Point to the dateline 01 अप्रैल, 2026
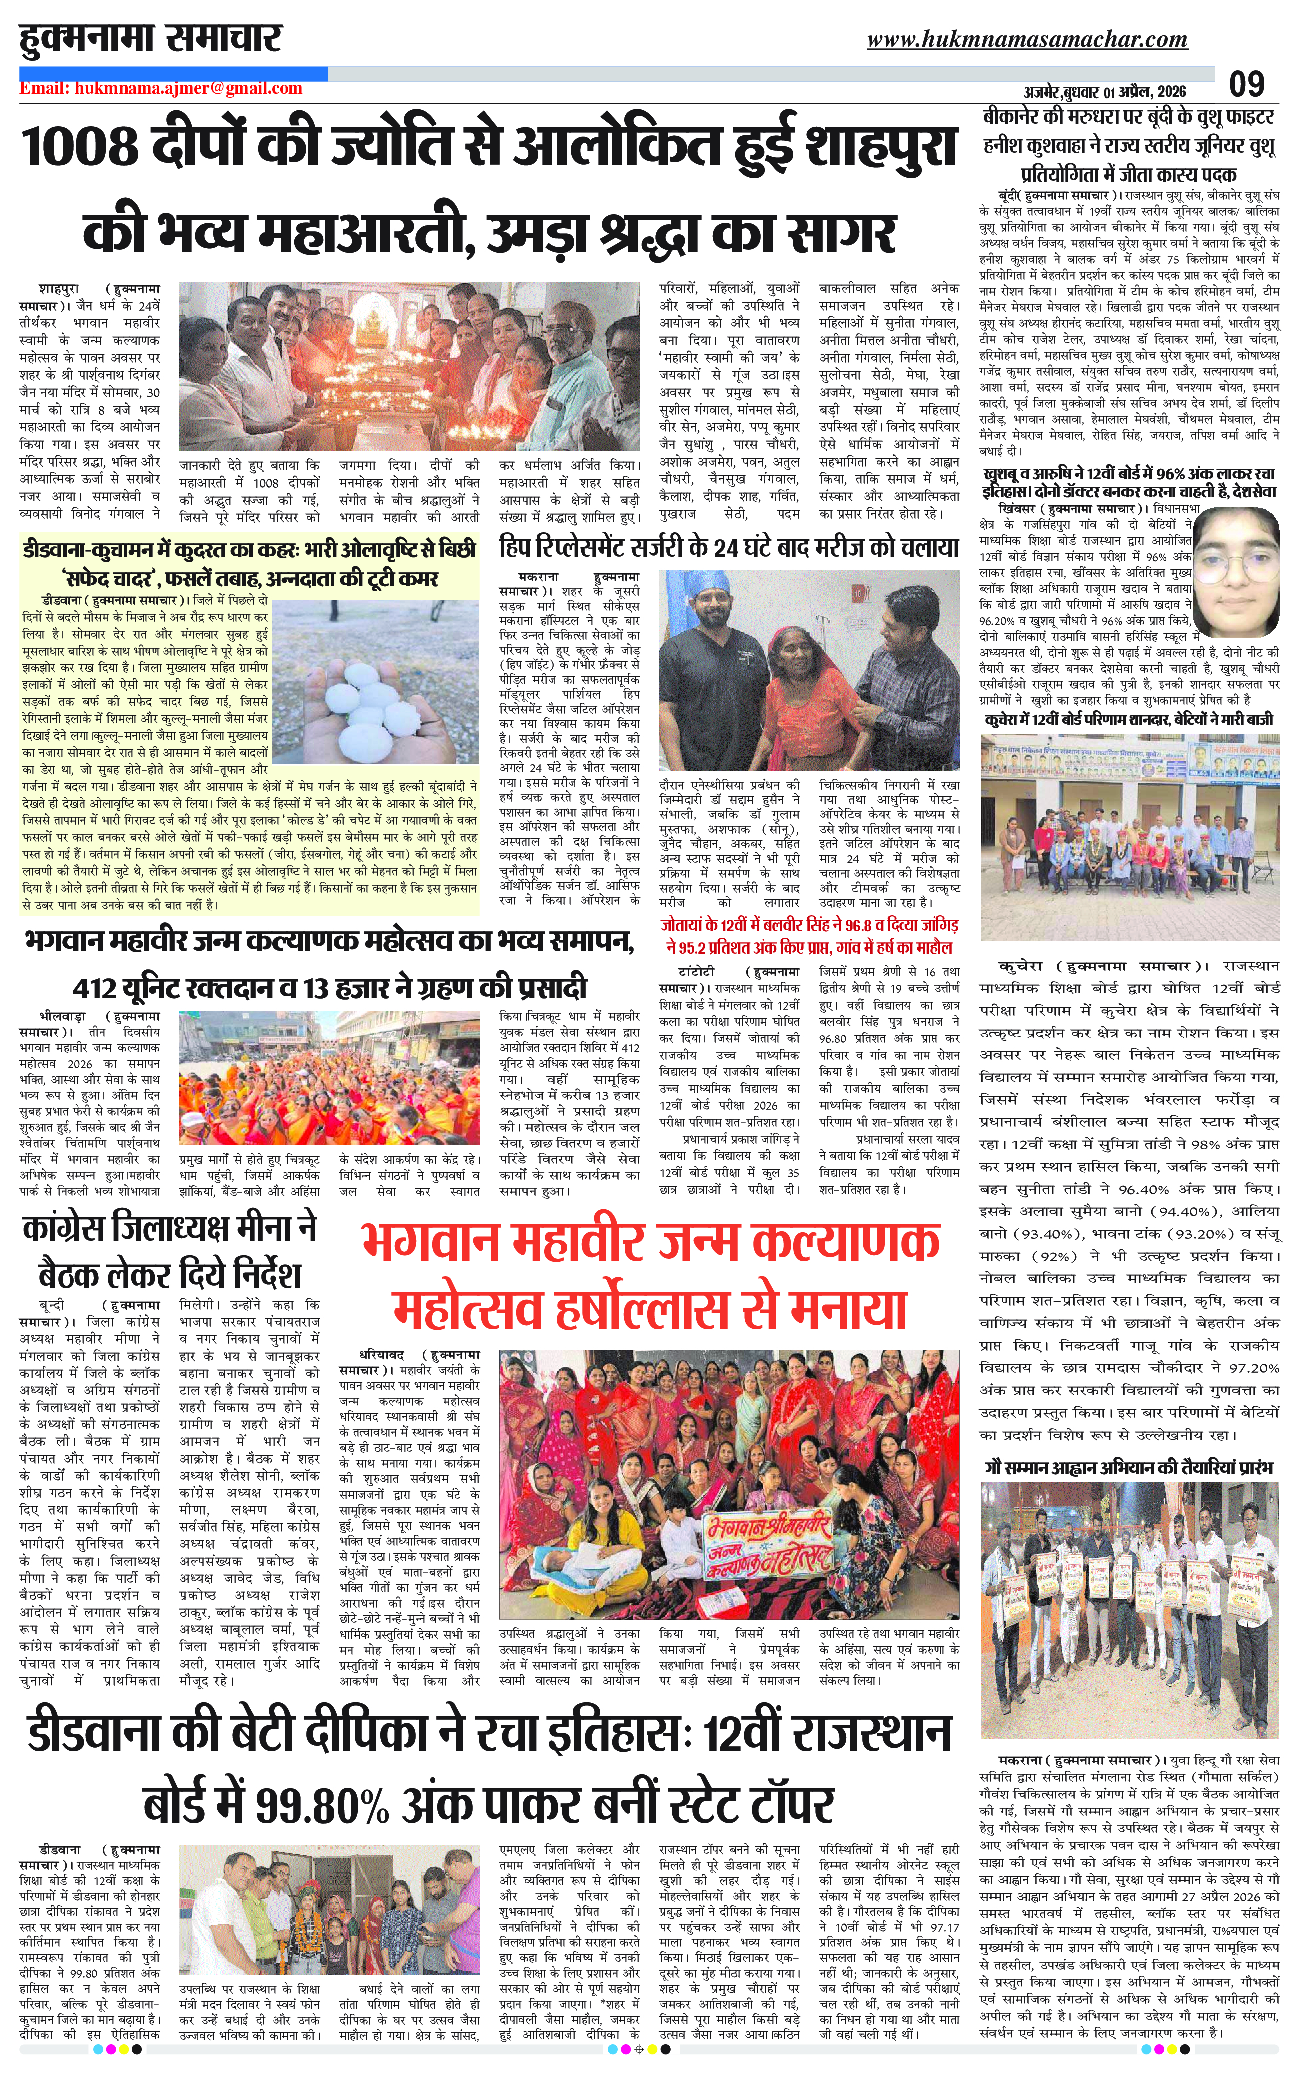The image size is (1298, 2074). [1133, 92]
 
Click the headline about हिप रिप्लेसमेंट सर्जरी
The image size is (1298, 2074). [728, 547]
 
